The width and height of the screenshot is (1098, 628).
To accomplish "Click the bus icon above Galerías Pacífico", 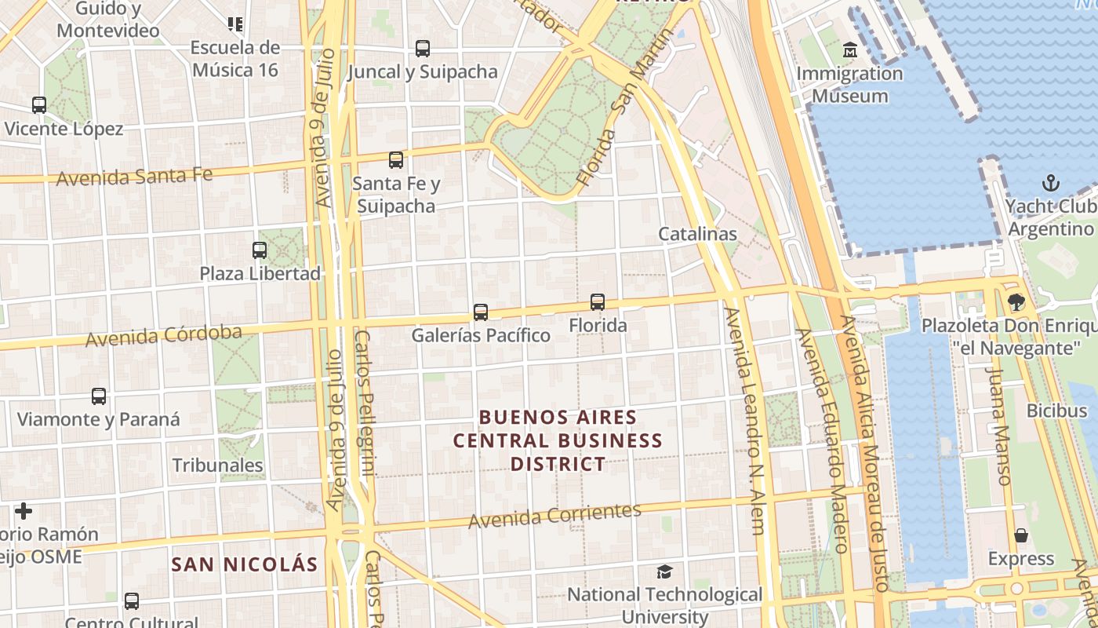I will coord(481,312).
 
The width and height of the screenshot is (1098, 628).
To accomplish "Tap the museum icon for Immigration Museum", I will coord(849,51).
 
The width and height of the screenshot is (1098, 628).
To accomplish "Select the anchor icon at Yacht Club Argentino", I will coord(1050,184).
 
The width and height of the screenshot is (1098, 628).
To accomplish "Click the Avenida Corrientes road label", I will coord(554,515).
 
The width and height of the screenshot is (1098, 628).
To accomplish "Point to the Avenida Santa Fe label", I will coord(134,176).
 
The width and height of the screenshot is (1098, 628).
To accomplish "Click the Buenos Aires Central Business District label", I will coord(558,440).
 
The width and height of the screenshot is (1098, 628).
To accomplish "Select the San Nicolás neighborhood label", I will coord(245,564).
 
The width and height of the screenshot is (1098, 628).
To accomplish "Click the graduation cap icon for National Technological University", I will coord(664,571).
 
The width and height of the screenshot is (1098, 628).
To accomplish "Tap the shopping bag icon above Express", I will coord(1020,535).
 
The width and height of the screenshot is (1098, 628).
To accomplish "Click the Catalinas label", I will coord(697,234).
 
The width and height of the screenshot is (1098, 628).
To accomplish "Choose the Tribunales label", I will coord(217,466).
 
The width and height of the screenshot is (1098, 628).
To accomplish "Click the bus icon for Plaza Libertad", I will coord(260,250).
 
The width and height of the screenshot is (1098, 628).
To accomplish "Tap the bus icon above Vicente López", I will coord(39,104).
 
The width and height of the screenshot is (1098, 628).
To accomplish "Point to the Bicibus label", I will coord(1056,411).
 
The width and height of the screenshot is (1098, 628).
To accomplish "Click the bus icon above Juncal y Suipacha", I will coord(423,49).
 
